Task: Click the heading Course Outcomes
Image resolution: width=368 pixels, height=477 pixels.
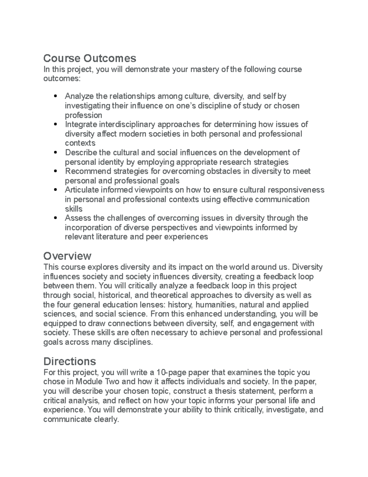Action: [90, 58]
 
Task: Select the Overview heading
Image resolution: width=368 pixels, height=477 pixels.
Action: [67, 256]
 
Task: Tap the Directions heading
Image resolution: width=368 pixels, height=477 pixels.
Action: [70, 361]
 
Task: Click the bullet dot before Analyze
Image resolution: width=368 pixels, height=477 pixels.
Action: [55, 96]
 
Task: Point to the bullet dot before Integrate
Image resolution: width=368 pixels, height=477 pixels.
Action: [55, 124]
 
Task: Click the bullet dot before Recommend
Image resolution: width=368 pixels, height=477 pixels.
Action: [55, 171]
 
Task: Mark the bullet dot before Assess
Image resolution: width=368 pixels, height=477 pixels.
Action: [55, 218]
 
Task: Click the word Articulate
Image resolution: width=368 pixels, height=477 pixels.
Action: [82, 190]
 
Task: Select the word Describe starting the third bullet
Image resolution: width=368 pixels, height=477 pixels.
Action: [80, 152]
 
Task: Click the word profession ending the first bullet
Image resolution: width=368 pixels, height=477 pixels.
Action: [83, 115]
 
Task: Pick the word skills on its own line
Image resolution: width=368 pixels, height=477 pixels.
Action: [74, 209]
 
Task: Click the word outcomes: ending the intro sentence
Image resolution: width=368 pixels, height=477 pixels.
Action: [62, 79]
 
